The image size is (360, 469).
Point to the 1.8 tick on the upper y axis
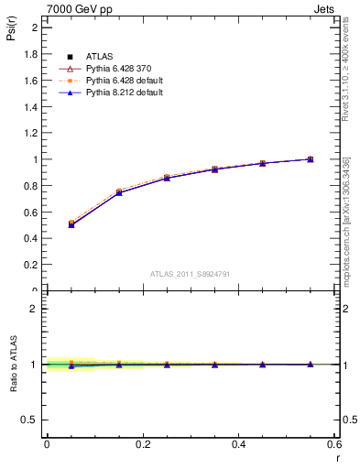tap(31, 53)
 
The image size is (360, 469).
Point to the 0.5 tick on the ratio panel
tap(31, 420)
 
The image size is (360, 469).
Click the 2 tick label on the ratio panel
tap(35, 309)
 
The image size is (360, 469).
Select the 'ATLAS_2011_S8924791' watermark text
tap(191, 273)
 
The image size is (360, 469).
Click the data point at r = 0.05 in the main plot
tap(71, 224)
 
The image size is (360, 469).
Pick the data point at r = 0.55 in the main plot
tap(311, 158)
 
